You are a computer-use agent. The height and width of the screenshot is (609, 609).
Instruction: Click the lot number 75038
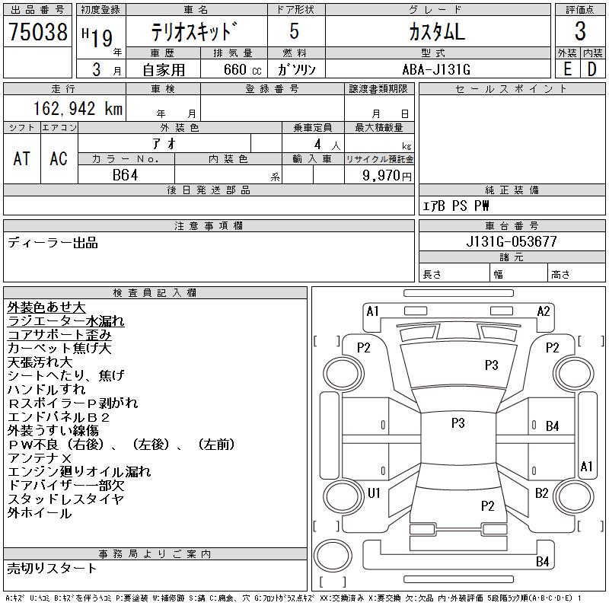(38, 31)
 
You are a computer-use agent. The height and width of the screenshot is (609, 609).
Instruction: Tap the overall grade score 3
(580, 31)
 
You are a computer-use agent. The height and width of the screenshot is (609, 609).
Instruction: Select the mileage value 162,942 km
(78, 108)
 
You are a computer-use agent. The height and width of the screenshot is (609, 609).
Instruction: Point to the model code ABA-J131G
(436, 69)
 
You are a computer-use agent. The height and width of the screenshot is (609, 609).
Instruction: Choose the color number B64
(125, 175)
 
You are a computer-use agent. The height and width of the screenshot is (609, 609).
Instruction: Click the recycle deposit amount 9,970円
(387, 176)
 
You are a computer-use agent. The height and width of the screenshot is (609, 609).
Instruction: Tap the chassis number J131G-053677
(512, 241)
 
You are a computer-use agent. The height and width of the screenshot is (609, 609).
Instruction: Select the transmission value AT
(21, 158)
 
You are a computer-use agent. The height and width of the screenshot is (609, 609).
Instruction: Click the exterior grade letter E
(567, 69)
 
